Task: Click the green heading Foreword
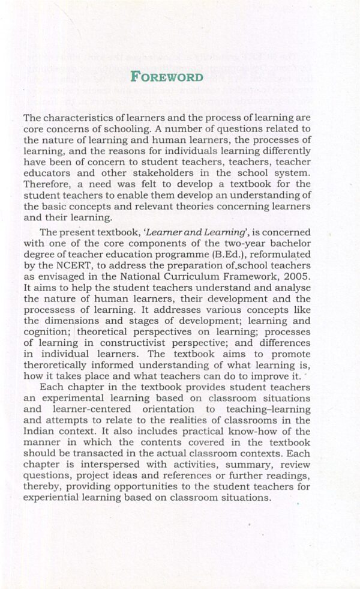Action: click(x=166, y=77)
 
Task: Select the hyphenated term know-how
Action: click(x=225, y=432)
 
